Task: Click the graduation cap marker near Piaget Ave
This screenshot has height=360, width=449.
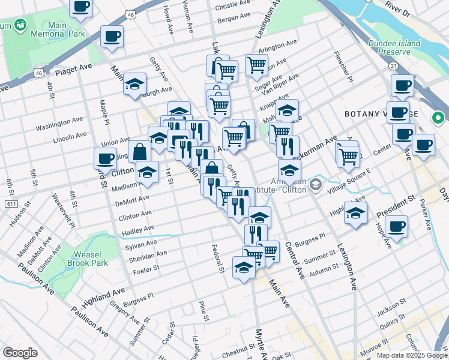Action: (x=135, y=84)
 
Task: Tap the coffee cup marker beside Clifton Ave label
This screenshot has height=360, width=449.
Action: (x=105, y=159)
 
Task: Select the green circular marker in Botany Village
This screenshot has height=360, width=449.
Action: (x=438, y=118)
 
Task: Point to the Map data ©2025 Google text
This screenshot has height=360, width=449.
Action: (x=412, y=355)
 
